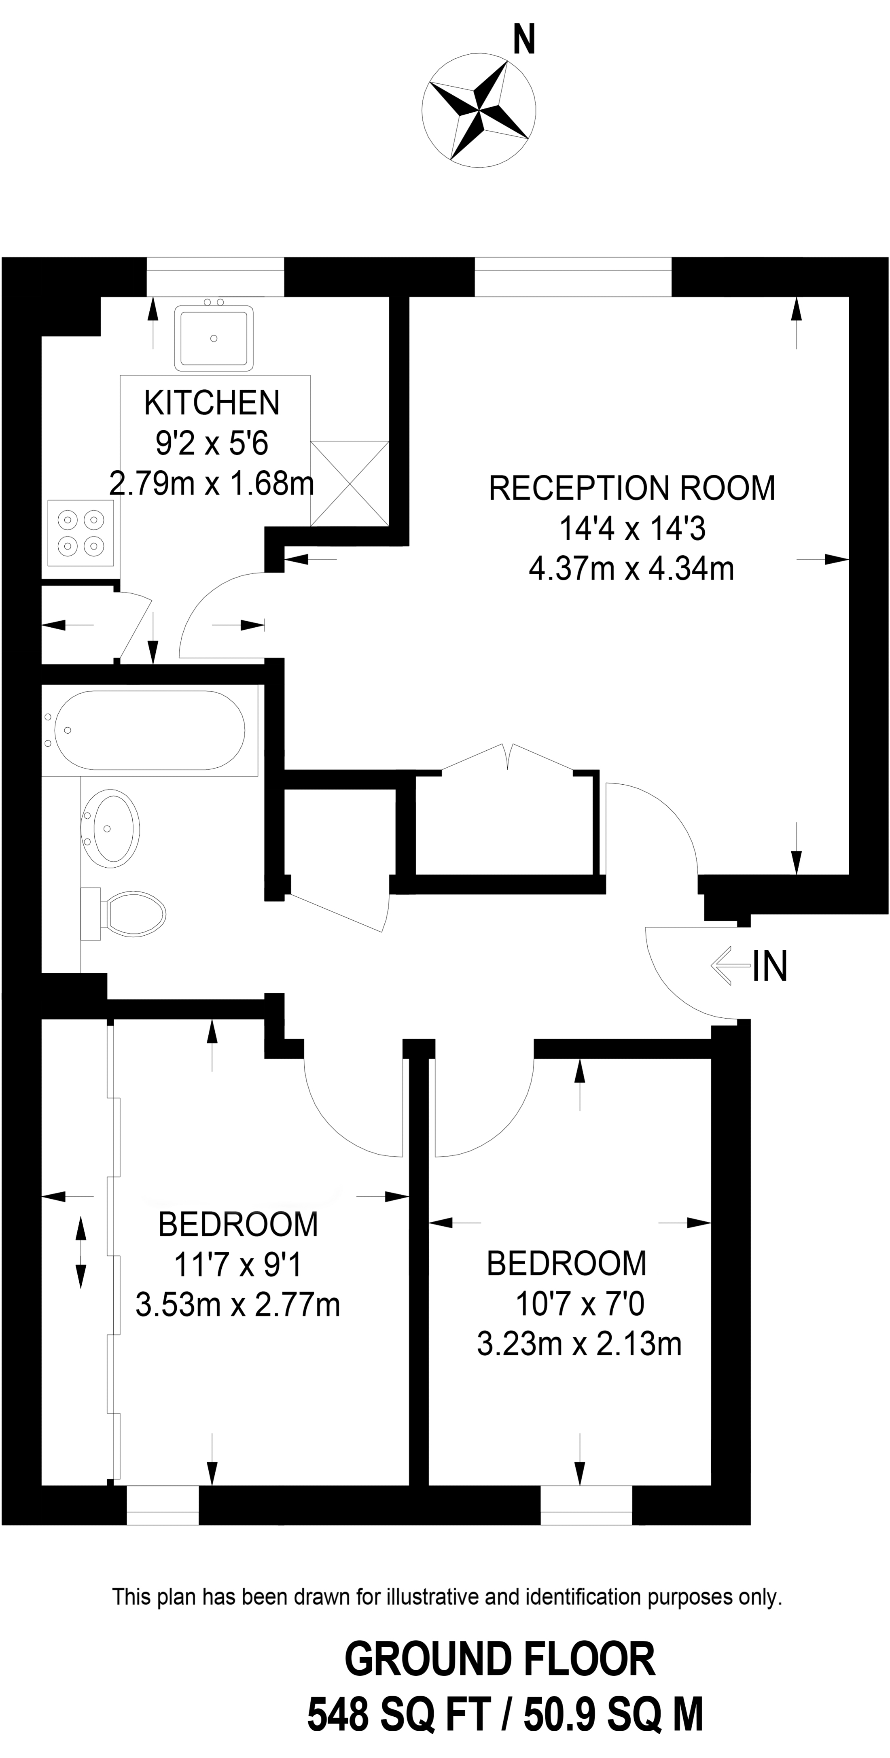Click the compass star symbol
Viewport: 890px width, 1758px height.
478,109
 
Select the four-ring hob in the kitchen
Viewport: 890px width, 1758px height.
81,533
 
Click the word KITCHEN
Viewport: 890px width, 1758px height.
212,403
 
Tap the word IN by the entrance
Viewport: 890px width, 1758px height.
770,966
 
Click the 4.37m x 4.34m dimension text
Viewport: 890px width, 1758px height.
631,569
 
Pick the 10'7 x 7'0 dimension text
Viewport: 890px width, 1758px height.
580,1305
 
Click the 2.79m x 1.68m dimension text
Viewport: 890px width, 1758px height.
212,484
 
